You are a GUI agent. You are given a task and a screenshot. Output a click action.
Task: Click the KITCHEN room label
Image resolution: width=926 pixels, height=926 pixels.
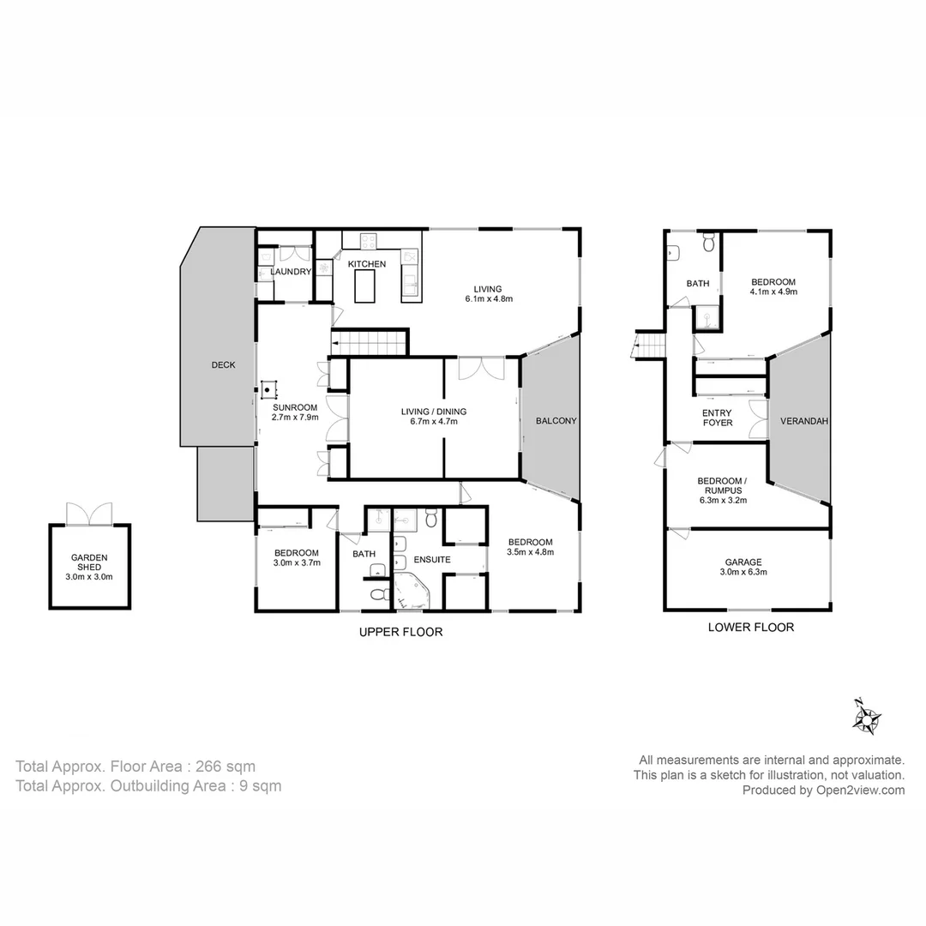click(x=366, y=264)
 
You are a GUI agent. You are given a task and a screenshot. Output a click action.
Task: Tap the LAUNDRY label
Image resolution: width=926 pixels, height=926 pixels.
click(x=290, y=272)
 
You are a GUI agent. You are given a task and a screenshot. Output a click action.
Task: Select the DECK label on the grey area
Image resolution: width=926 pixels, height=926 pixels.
click(x=223, y=365)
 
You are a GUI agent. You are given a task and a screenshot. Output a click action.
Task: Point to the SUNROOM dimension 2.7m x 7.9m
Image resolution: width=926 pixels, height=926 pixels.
click(x=296, y=418)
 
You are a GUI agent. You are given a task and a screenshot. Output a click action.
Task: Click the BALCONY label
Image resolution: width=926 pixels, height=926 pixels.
click(x=556, y=421)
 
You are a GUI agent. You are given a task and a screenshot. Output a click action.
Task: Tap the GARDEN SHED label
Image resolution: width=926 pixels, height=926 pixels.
click(x=89, y=562)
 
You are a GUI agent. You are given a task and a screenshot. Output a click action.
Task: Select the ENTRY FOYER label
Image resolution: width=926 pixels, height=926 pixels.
click(x=718, y=418)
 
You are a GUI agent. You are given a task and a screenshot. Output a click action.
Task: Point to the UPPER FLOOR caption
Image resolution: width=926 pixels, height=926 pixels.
click(x=400, y=632)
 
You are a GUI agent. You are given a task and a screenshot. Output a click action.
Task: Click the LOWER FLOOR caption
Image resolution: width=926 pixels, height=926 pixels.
click(x=750, y=627)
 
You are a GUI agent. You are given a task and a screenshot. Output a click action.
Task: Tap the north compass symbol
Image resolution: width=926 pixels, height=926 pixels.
click(x=867, y=717)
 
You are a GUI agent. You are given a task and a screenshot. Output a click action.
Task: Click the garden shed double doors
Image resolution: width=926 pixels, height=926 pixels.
click(x=89, y=514)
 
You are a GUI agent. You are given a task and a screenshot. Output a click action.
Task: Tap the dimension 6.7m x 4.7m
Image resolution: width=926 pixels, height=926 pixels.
click(x=433, y=423)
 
